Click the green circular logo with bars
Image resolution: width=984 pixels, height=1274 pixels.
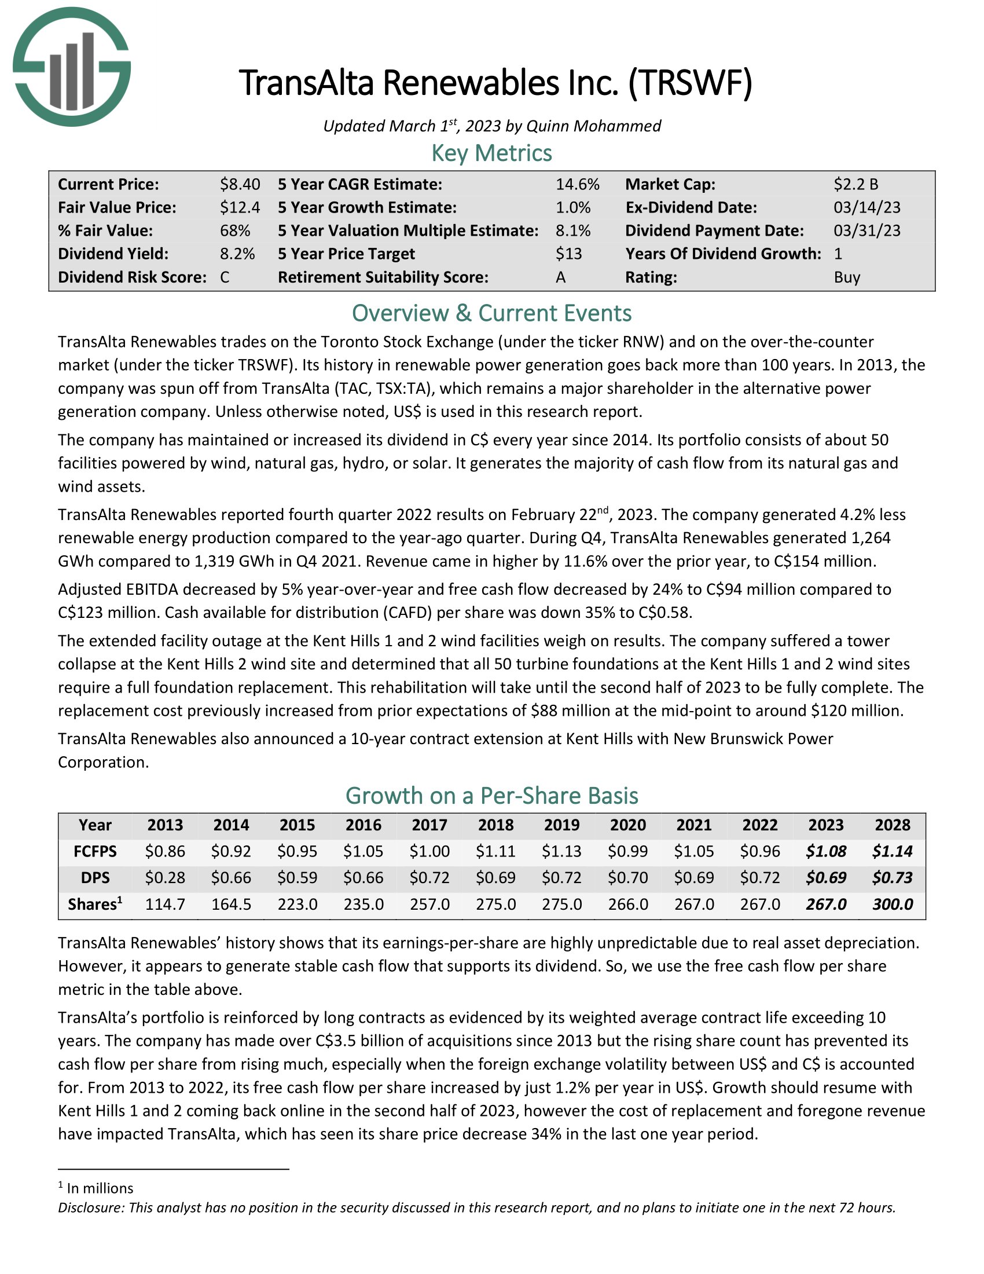pos(72,67)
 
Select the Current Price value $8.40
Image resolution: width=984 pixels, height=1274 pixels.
pos(240,184)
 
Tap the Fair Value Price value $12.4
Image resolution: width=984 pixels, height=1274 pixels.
pos(240,208)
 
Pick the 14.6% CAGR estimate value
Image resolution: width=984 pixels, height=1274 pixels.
pos(577,184)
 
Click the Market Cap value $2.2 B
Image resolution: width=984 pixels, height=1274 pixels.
pos(855,184)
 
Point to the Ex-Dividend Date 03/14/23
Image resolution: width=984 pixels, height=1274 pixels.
pos(866,208)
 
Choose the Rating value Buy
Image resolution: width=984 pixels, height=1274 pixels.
pos(846,277)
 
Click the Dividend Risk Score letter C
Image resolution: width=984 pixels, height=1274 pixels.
pos(225,277)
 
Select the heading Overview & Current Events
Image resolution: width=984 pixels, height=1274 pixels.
pos(491,313)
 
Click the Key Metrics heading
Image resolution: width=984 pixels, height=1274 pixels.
pos(491,153)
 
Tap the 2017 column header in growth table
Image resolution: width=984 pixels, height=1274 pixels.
pos(429,825)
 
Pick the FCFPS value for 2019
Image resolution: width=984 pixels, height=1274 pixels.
pos(561,851)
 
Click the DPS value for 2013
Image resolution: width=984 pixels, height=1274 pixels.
pos(165,877)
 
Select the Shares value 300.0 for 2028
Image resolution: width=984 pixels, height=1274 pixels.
pos(892,904)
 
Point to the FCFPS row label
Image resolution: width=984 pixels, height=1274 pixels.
pos(95,851)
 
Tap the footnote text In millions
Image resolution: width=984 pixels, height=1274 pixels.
pos(100,1188)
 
